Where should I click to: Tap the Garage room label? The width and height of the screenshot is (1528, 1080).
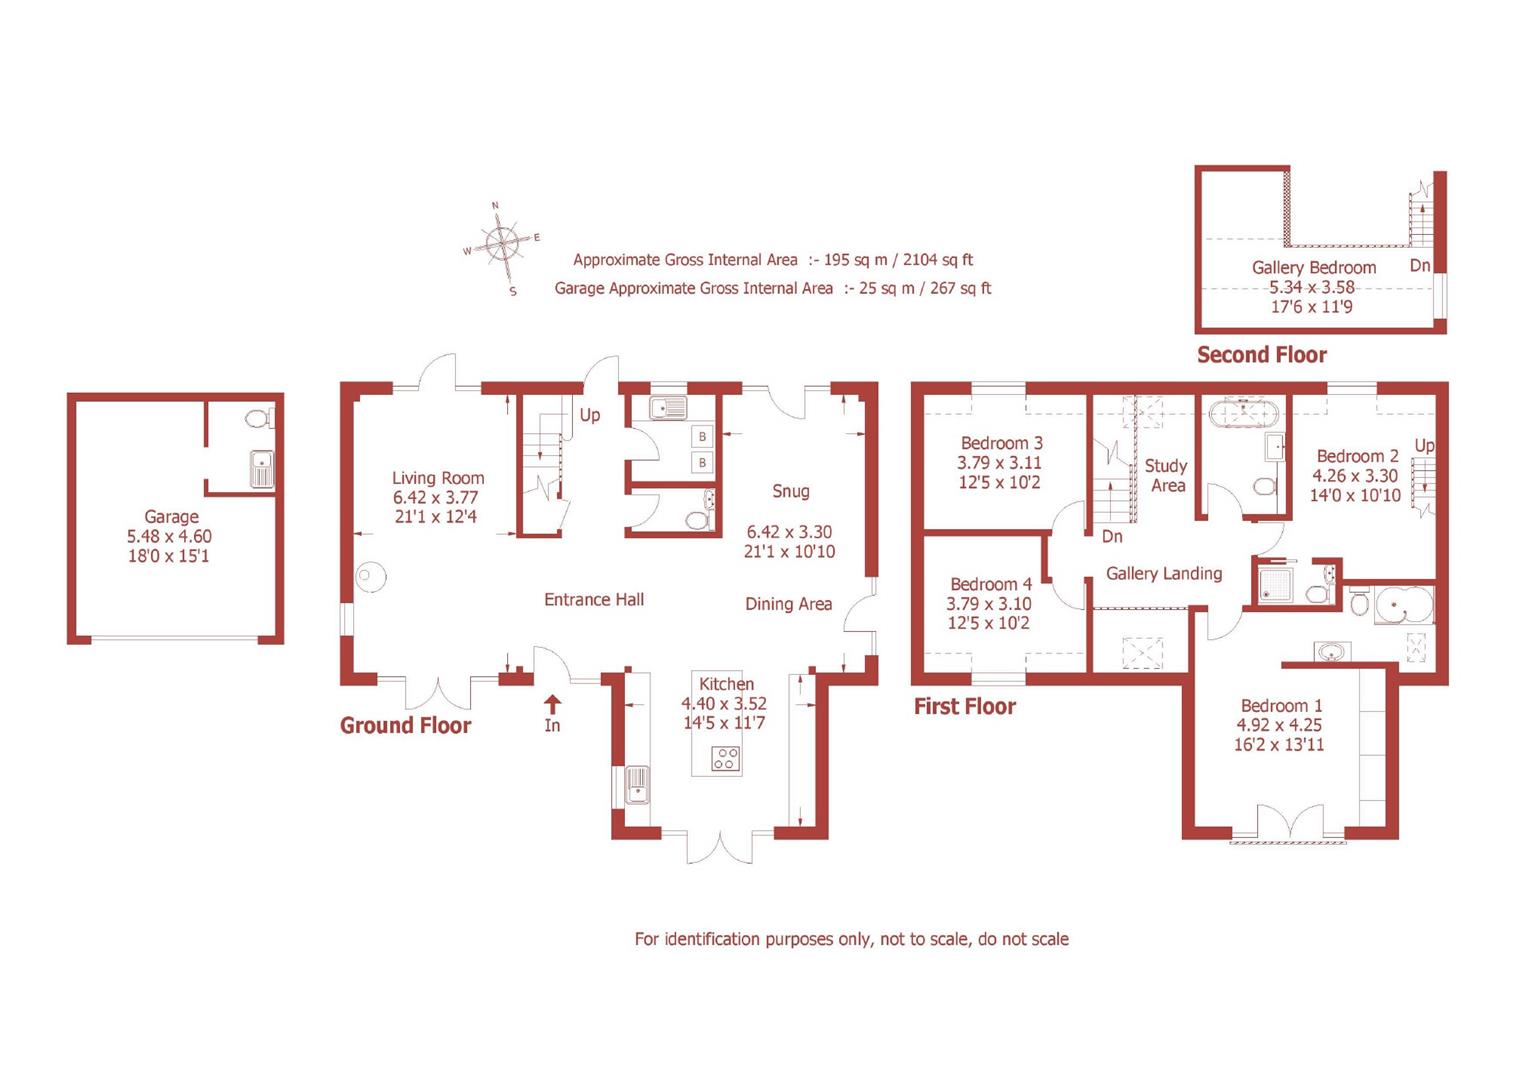[x=171, y=517]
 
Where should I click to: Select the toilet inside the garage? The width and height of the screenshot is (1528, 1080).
[x=257, y=418]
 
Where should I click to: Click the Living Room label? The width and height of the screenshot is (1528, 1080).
[x=438, y=478]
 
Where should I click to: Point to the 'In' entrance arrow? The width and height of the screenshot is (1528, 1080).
[x=552, y=707]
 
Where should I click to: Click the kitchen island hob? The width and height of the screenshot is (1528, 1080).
[x=725, y=759]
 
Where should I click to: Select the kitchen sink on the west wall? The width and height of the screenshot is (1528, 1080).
[x=636, y=785]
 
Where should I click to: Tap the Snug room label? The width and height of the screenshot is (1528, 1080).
[x=790, y=491]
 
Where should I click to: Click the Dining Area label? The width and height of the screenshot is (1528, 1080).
[x=788, y=604]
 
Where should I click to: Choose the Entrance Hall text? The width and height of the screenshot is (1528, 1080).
[x=594, y=600]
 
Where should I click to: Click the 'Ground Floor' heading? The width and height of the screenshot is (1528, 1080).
[x=405, y=726]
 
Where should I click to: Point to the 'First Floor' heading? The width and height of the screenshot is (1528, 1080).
[x=964, y=707]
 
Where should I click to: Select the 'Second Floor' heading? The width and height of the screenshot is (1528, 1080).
[x=1261, y=355]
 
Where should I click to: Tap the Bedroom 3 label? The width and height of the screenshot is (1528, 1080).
[x=1001, y=443]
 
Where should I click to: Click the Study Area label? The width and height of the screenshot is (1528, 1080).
[x=1166, y=476]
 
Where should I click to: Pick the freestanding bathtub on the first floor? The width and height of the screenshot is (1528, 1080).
[x=1242, y=411]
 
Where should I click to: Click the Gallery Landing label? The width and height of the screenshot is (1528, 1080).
[x=1163, y=574]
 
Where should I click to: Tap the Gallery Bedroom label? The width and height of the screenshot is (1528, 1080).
[x=1313, y=268]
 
